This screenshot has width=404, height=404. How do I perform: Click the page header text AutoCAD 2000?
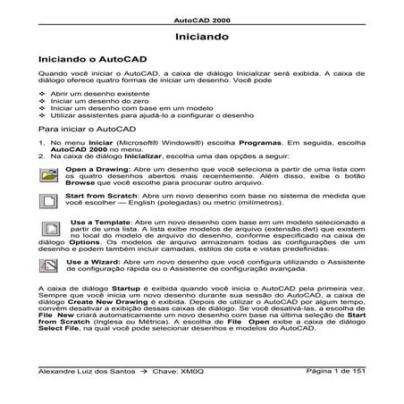(x=201, y=19)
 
